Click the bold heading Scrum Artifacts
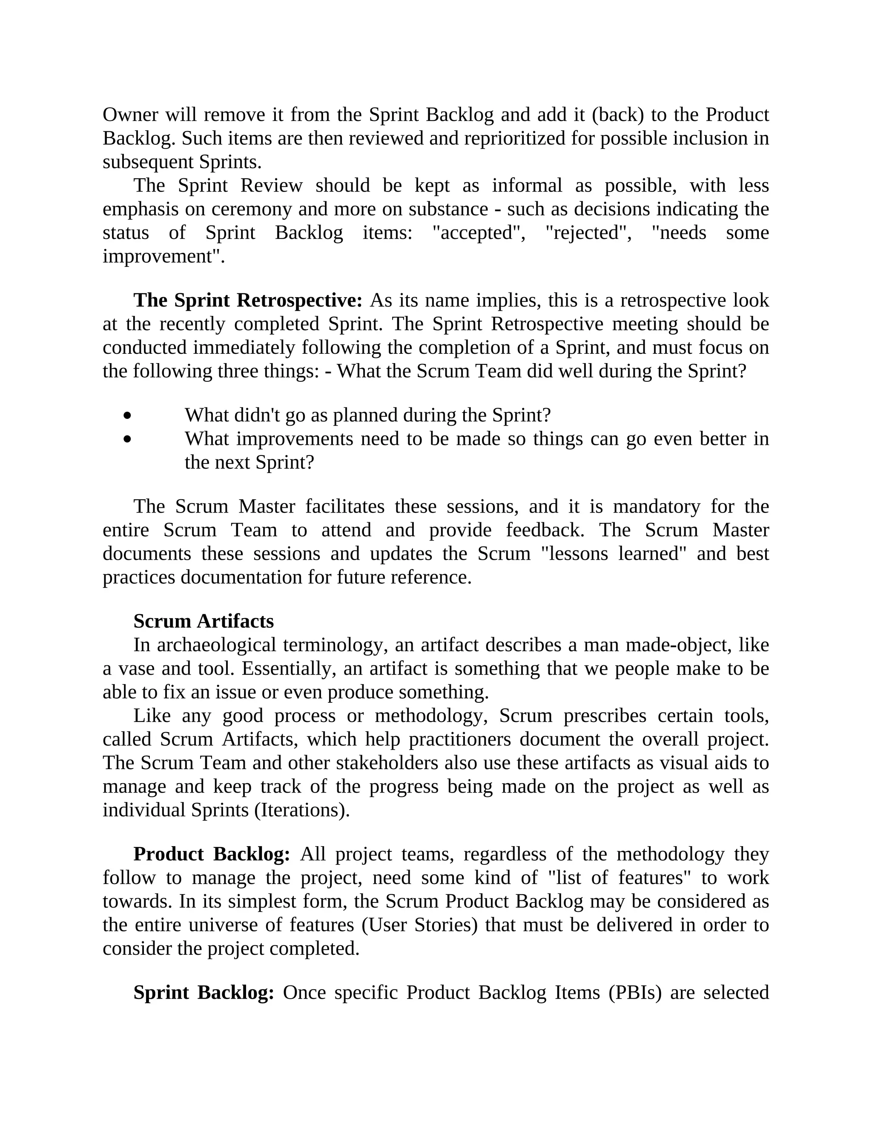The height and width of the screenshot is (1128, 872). (x=204, y=621)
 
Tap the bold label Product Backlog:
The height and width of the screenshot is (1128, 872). (x=212, y=854)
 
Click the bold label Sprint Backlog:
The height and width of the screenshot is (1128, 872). (x=204, y=992)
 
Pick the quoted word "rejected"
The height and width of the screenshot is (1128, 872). (x=588, y=233)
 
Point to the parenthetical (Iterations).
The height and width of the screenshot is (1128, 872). (x=302, y=810)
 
